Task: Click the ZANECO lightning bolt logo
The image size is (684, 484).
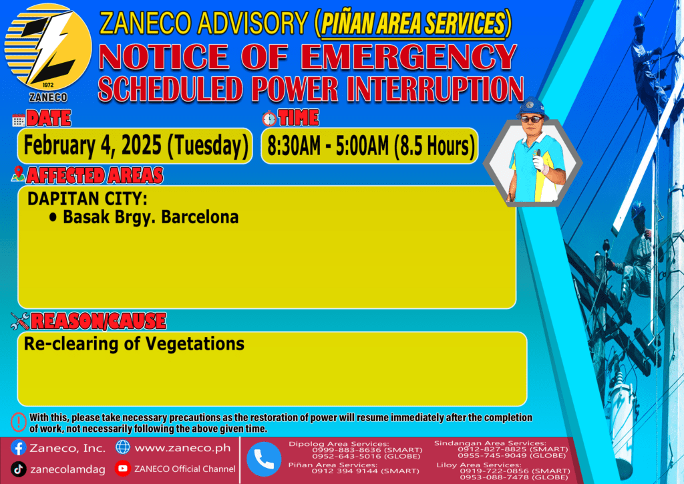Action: click(48, 47)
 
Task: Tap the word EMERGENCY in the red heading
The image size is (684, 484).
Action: click(409, 57)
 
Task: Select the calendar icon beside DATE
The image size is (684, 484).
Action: click(19, 120)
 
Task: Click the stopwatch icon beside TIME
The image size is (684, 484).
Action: click(269, 119)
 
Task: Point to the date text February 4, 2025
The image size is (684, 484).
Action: click(92, 145)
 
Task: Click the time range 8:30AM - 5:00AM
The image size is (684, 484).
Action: click(328, 146)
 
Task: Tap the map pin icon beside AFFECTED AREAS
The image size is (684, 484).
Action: click(18, 174)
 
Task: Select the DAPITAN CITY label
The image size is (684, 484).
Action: click(88, 199)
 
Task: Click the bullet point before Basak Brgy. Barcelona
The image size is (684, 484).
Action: click(53, 217)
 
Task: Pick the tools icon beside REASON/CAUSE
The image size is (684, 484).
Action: click(20, 321)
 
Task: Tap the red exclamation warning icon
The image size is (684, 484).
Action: click(18, 422)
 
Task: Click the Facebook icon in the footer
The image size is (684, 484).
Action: click(18, 448)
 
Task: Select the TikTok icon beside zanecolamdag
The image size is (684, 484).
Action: click(18, 469)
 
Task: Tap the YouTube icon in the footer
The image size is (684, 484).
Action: click(123, 468)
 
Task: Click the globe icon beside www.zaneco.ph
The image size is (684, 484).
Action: click(123, 447)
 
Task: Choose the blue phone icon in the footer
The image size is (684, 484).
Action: click(264, 459)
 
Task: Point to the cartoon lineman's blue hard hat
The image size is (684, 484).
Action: click(531, 108)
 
